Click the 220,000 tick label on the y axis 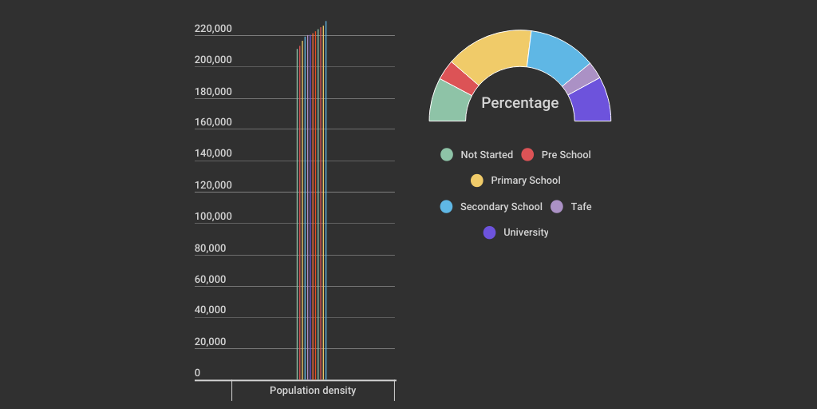[x=213, y=29]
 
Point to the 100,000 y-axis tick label [x=213, y=216]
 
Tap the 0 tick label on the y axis [x=198, y=373]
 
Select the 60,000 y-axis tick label [x=211, y=280]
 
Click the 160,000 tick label [x=213, y=122]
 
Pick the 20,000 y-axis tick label [x=211, y=342]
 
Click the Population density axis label [x=313, y=391]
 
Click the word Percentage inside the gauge [x=520, y=103]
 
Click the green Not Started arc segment [x=448, y=101]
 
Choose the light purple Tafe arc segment [x=582, y=77]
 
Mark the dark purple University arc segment [x=591, y=101]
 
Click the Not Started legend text [x=487, y=155]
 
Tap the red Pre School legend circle [x=527, y=155]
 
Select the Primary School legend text [x=526, y=181]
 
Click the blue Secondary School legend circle [x=447, y=207]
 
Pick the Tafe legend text [x=581, y=207]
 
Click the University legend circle [x=490, y=232]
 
